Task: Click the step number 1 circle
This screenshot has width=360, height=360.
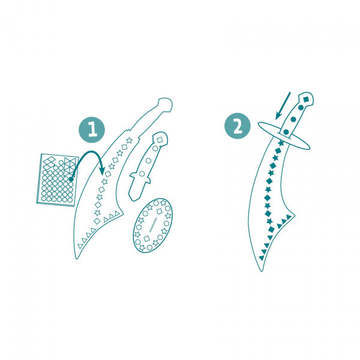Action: tap(92, 129)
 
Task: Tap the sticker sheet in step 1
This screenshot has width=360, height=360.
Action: tap(55, 178)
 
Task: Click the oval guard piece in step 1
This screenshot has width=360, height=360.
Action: tap(152, 224)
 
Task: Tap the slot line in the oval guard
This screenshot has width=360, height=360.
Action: tap(152, 226)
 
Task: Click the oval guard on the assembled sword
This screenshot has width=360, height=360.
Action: tap(284, 135)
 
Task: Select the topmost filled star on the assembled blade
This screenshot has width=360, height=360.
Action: tap(281, 143)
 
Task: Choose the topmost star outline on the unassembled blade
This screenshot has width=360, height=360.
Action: tap(130, 140)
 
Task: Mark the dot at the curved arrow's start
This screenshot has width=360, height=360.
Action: tap(71, 178)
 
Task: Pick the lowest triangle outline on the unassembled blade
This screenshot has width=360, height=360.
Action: tap(80, 245)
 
